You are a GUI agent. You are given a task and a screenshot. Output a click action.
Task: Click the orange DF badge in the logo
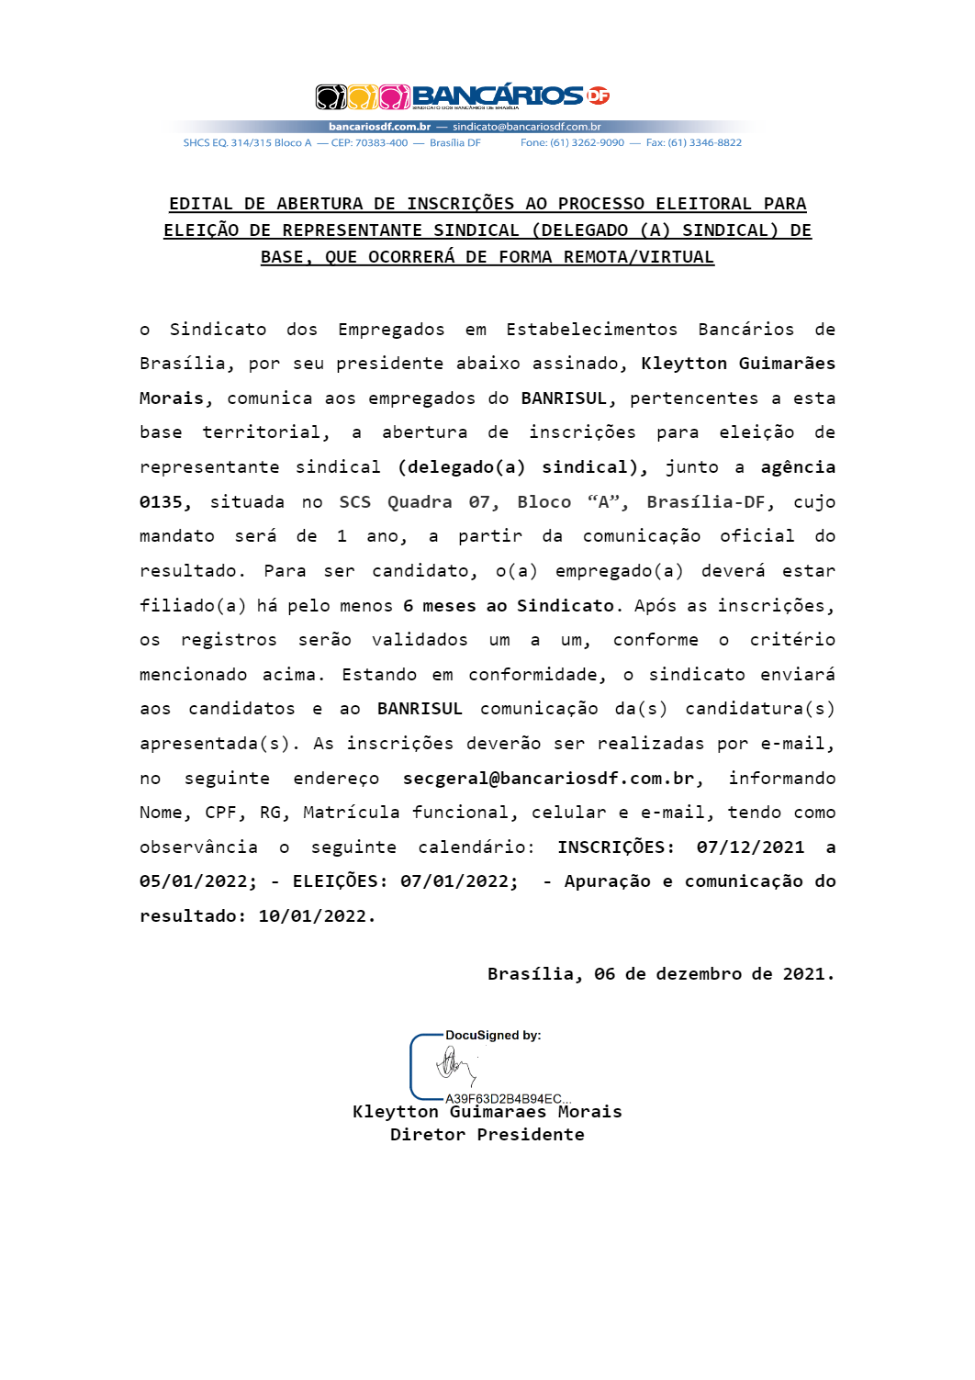point(598,95)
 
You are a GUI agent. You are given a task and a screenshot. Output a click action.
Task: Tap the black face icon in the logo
point(331,96)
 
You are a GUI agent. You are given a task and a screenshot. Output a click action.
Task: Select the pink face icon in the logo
point(395,96)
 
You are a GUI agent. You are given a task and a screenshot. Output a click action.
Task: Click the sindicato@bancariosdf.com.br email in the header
point(526,127)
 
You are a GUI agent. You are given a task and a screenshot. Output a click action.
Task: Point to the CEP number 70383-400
point(381,143)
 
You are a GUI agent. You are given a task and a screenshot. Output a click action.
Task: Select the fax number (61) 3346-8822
point(704,143)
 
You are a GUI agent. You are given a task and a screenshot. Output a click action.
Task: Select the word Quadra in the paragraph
point(420,502)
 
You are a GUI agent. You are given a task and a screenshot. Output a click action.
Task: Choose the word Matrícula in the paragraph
point(351,813)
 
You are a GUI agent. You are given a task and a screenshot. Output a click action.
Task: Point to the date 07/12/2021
point(750,847)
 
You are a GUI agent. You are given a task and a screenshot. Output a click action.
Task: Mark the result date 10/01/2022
point(317,916)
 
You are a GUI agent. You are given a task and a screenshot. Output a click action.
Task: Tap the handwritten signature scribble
point(454,1066)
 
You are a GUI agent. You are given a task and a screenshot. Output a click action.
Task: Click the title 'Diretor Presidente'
point(487,1135)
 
